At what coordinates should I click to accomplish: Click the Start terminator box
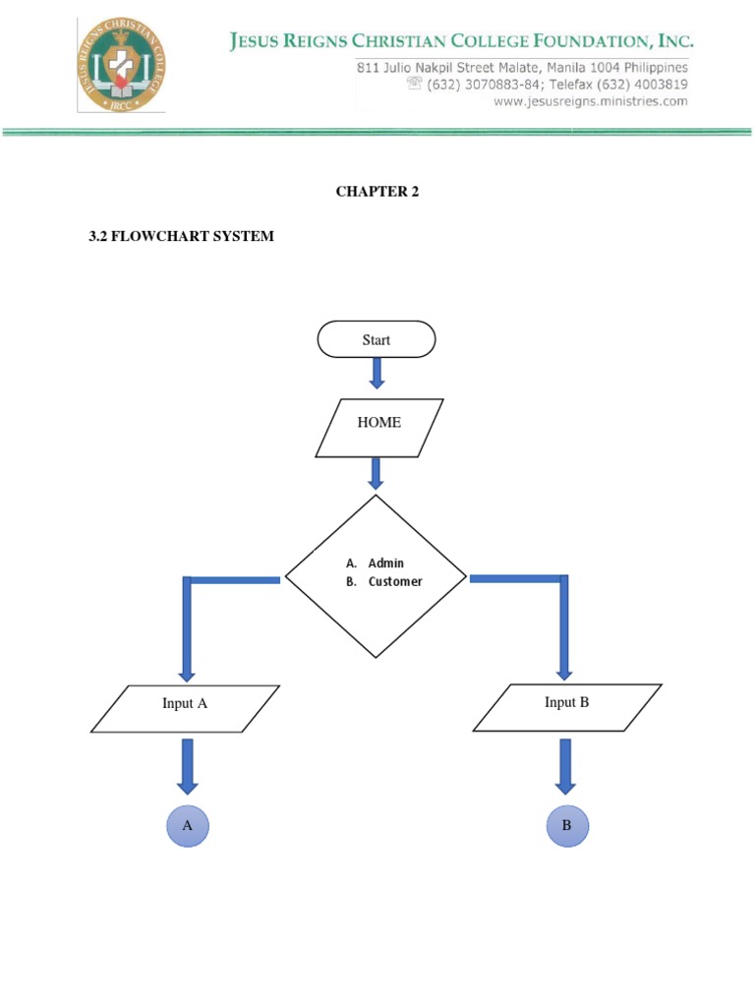point(376,339)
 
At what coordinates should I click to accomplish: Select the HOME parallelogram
point(378,427)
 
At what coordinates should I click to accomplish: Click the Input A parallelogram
point(185,708)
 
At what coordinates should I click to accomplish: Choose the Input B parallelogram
point(566,707)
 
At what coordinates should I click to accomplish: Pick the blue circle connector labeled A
point(187,826)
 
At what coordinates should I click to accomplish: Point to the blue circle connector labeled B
point(566,826)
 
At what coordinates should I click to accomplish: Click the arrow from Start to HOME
point(377,374)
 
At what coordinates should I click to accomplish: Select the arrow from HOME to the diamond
point(375,473)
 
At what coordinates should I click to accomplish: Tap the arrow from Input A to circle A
point(187,766)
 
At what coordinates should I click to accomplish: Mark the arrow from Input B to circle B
point(564,766)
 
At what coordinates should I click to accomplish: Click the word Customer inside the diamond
point(395,581)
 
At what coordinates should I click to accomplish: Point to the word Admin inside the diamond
point(386,563)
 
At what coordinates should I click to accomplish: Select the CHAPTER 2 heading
point(377,192)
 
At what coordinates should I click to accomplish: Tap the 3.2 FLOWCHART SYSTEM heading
point(182,236)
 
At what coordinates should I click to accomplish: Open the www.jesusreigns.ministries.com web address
point(590,101)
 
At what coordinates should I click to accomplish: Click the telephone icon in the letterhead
point(414,85)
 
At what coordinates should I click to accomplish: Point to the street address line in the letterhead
point(521,67)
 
